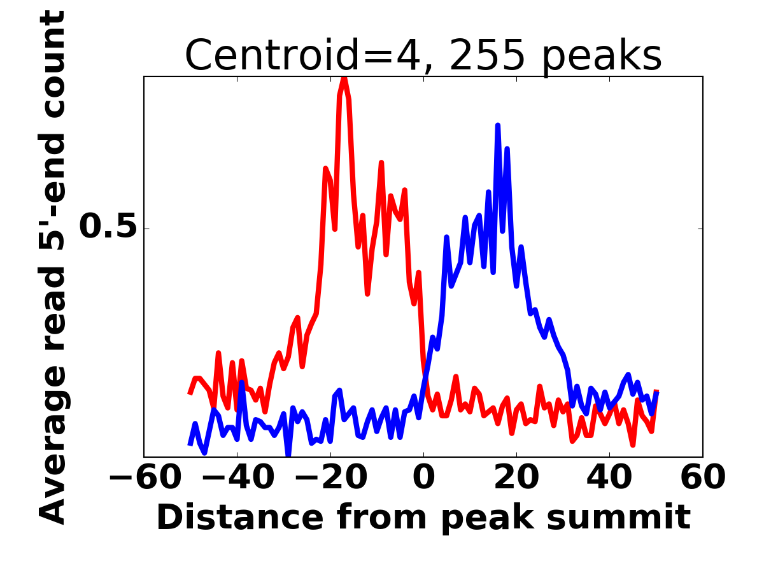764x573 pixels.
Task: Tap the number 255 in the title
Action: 487,56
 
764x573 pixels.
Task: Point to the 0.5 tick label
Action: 108,227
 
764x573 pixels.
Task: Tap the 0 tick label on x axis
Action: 423,478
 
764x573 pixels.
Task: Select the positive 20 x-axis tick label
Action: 516,478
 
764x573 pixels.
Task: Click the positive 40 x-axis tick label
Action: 609,478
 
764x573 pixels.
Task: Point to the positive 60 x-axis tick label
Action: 702,478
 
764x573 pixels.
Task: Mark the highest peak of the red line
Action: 344,78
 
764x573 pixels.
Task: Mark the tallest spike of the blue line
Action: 498,125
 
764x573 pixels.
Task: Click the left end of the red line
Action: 190,394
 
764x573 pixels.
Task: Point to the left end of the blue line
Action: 190,444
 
